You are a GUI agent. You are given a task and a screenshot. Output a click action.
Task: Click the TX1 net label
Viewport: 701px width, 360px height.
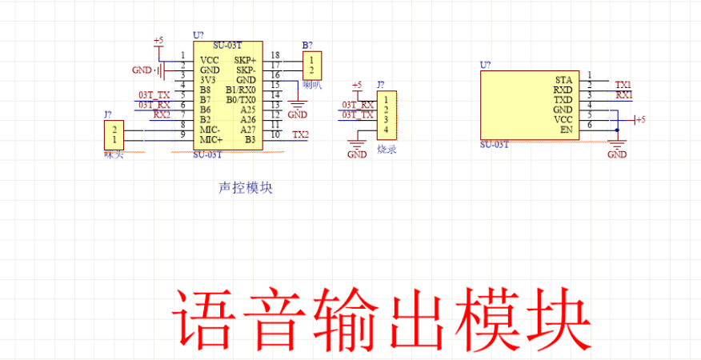click(x=623, y=84)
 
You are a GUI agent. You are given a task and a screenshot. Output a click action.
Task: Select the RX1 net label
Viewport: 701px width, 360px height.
click(x=623, y=94)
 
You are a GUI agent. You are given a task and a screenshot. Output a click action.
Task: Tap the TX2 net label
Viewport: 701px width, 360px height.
click(x=300, y=134)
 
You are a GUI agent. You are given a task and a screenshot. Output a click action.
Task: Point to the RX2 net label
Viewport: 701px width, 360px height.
click(x=162, y=114)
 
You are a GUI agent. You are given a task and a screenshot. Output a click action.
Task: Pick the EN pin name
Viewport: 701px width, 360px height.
click(x=566, y=130)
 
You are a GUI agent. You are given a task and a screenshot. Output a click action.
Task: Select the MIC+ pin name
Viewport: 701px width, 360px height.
click(x=210, y=140)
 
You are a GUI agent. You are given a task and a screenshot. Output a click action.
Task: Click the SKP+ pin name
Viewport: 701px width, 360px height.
click(x=245, y=60)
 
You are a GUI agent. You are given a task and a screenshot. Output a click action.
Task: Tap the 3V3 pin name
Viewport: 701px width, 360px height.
click(x=207, y=80)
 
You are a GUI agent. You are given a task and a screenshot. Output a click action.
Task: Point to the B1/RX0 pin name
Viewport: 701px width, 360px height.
click(x=241, y=90)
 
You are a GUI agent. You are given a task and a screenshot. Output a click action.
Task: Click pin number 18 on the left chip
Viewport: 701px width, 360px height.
click(x=274, y=54)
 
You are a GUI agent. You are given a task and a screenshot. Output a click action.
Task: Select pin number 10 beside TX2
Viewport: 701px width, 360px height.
click(x=274, y=134)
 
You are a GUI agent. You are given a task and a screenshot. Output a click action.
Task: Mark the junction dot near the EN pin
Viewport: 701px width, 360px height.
click(x=617, y=130)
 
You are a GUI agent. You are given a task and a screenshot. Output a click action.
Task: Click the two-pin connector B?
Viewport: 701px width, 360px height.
click(x=311, y=65)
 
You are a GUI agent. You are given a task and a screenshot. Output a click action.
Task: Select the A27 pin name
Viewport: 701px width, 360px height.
click(x=247, y=130)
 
